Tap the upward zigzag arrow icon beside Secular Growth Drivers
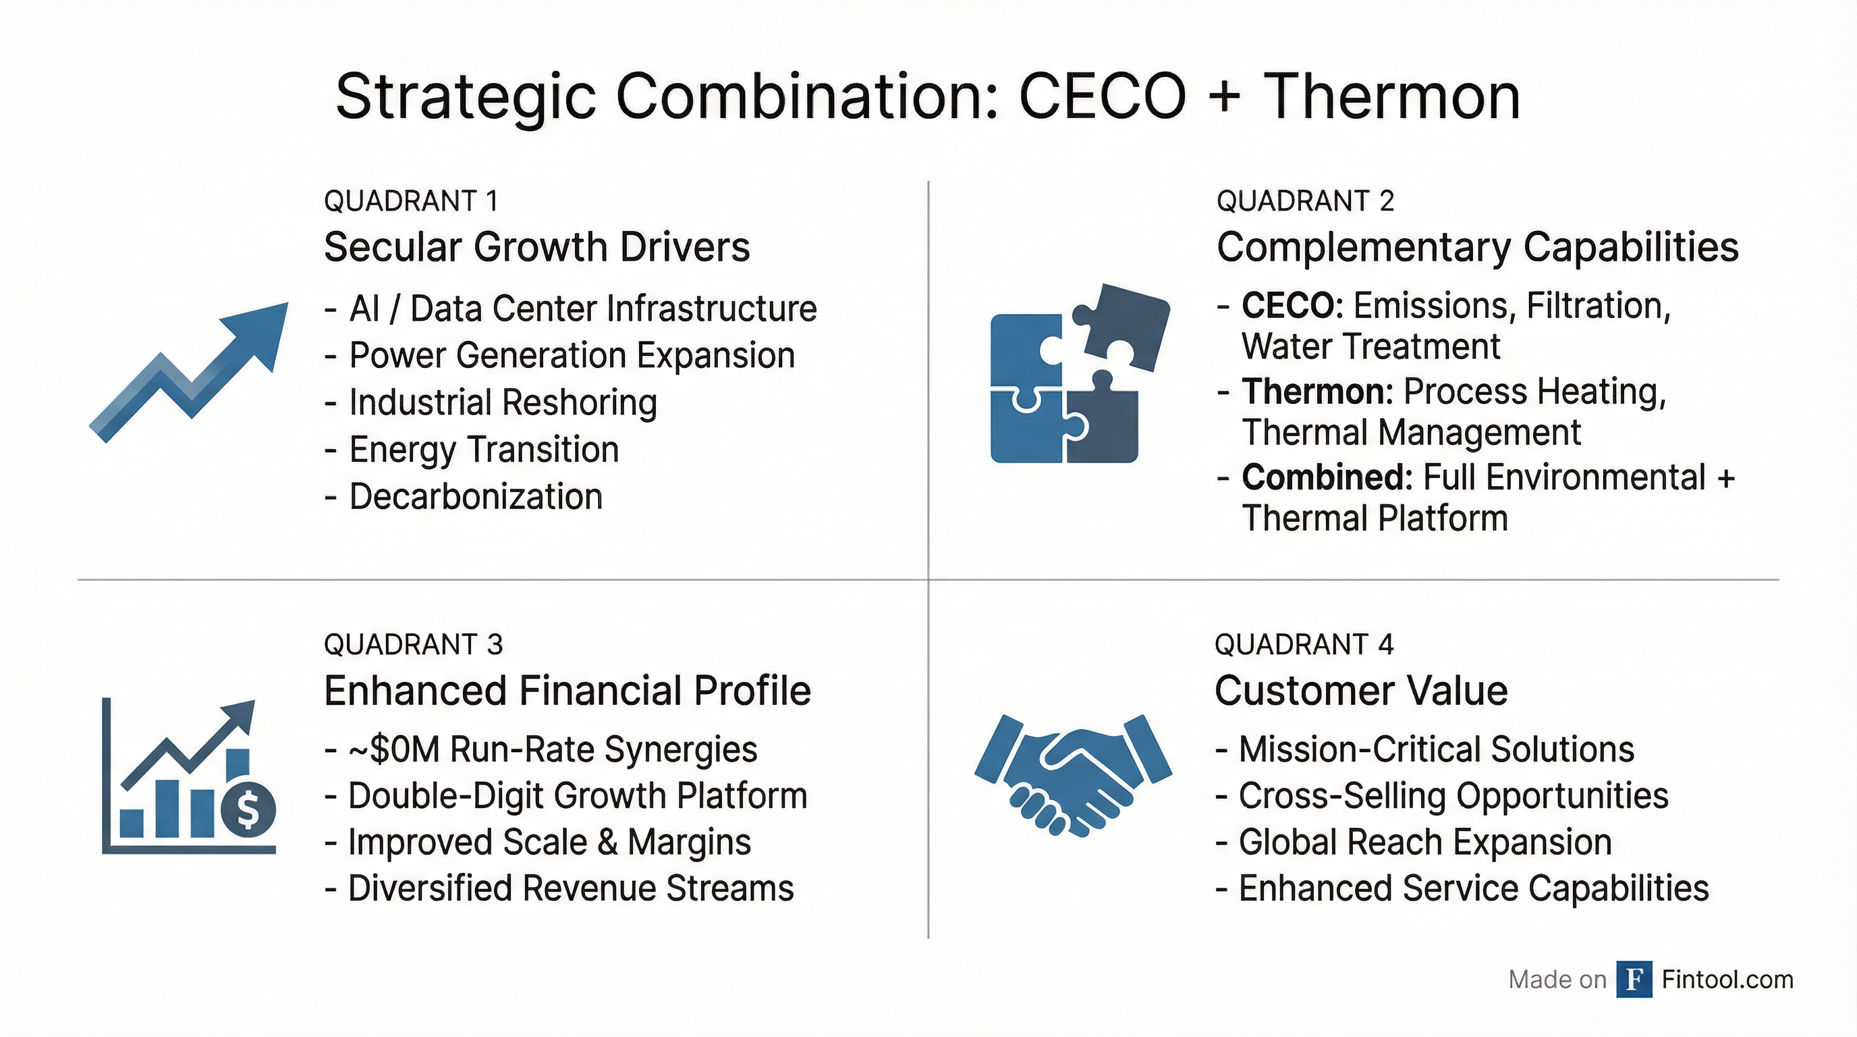[x=189, y=371]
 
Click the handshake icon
[x=1072, y=775]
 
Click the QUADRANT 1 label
[x=411, y=201]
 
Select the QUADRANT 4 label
[x=1304, y=645]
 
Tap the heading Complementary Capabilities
[x=1477, y=247]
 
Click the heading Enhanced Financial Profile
[x=567, y=691]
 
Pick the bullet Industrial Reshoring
[x=503, y=402]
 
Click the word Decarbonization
[x=476, y=497]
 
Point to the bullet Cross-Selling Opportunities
[x=1453, y=796]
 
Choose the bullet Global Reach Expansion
[x=1424, y=843]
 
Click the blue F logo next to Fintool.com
[x=1634, y=980]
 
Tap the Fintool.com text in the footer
[x=1727, y=980]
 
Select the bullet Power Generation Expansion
[x=572, y=356]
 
